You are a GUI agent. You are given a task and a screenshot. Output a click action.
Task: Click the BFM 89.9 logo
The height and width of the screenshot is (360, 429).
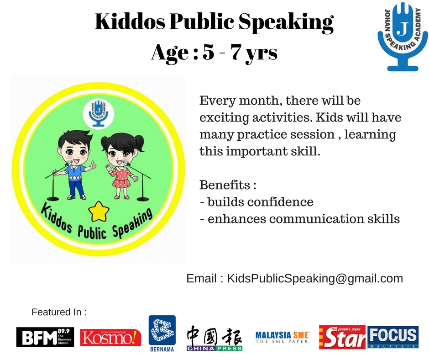46,337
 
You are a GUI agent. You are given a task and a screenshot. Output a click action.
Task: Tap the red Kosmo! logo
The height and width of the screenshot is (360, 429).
110,337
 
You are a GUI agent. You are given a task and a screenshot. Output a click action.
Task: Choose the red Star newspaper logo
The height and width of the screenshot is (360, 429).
342,337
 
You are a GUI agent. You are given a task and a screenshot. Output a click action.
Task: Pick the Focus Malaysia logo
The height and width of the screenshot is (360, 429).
392,337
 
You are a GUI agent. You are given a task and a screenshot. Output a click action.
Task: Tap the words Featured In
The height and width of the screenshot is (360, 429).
59,312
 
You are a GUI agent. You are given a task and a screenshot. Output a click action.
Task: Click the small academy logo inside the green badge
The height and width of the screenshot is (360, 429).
99,112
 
